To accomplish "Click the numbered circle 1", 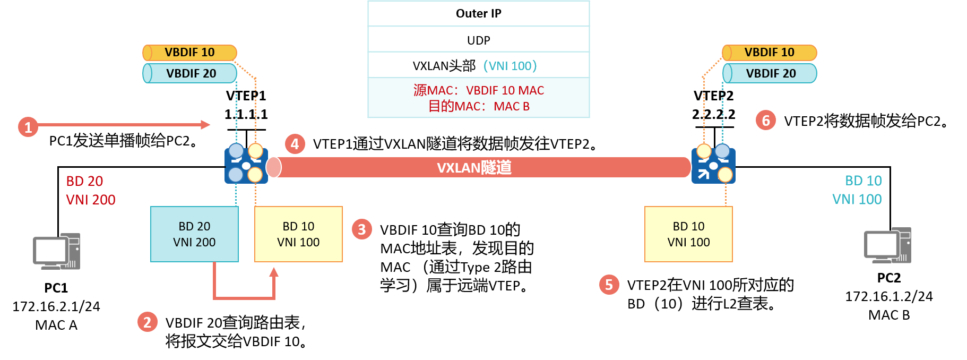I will [28, 127].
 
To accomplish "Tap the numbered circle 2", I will [148, 322].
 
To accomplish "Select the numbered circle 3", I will [362, 229].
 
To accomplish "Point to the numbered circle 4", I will [295, 143].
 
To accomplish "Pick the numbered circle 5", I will [609, 285].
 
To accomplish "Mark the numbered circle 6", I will [766, 120].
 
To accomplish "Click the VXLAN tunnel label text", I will [474, 168].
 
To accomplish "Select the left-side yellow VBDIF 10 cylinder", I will [189, 53].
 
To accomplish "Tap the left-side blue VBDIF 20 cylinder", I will [190, 73].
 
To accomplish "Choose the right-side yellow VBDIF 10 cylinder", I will [769, 53].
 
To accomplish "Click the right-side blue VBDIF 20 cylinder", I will [770, 73].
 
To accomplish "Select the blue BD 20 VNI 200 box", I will [194, 234].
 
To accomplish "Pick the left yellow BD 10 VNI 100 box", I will [298, 234].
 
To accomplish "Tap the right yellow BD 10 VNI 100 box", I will [688, 234].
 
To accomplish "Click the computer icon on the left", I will [57, 252].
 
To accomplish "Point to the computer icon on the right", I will [887, 245].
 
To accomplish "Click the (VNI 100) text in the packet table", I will [510, 66].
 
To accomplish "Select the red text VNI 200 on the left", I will [91, 200].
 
